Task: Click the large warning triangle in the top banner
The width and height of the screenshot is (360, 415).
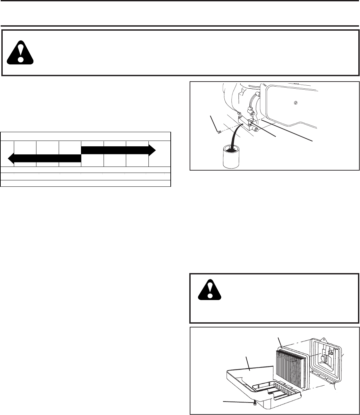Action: tap(21, 52)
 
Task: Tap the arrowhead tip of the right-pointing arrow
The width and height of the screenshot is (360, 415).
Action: tap(155, 150)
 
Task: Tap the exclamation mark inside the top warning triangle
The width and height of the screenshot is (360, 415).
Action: tap(21, 52)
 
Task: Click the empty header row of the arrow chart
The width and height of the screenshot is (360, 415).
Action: tap(86, 136)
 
